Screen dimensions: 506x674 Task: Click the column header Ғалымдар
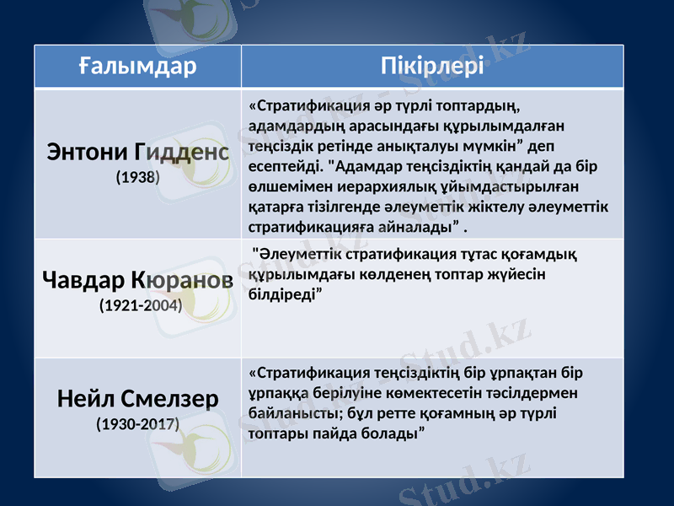point(137,66)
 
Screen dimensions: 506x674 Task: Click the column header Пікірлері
point(432,66)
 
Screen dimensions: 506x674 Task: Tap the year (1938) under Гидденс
point(137,179)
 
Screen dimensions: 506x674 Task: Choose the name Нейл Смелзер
point(137,397)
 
